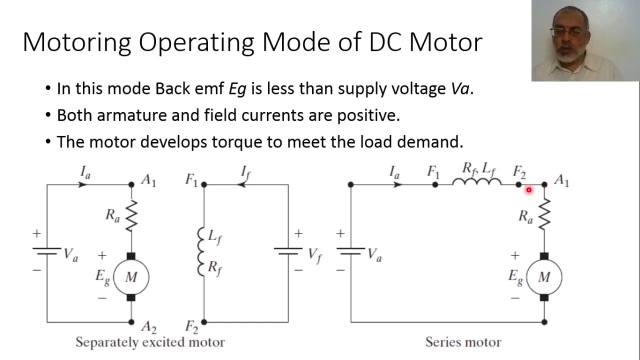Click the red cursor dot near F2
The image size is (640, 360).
[528, 190]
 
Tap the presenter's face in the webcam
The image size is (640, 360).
[569, 37]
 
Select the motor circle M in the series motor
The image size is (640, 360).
[544, 277]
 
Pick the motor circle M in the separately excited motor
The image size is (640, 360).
[131, 277]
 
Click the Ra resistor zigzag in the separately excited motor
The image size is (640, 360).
[131, 216]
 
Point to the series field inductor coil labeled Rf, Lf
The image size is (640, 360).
[476, 182]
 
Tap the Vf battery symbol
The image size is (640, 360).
[288, 251]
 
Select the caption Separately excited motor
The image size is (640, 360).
[150, 342]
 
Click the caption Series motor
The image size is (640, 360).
[463, 342]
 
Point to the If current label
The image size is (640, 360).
[245, 172]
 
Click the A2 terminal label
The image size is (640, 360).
[148, 327]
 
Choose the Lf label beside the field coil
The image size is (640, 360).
[214, 237]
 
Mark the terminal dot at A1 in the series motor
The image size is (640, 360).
[544, 185]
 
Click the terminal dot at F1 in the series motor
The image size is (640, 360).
[435, 185]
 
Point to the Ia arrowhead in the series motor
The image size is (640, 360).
[398, 185]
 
